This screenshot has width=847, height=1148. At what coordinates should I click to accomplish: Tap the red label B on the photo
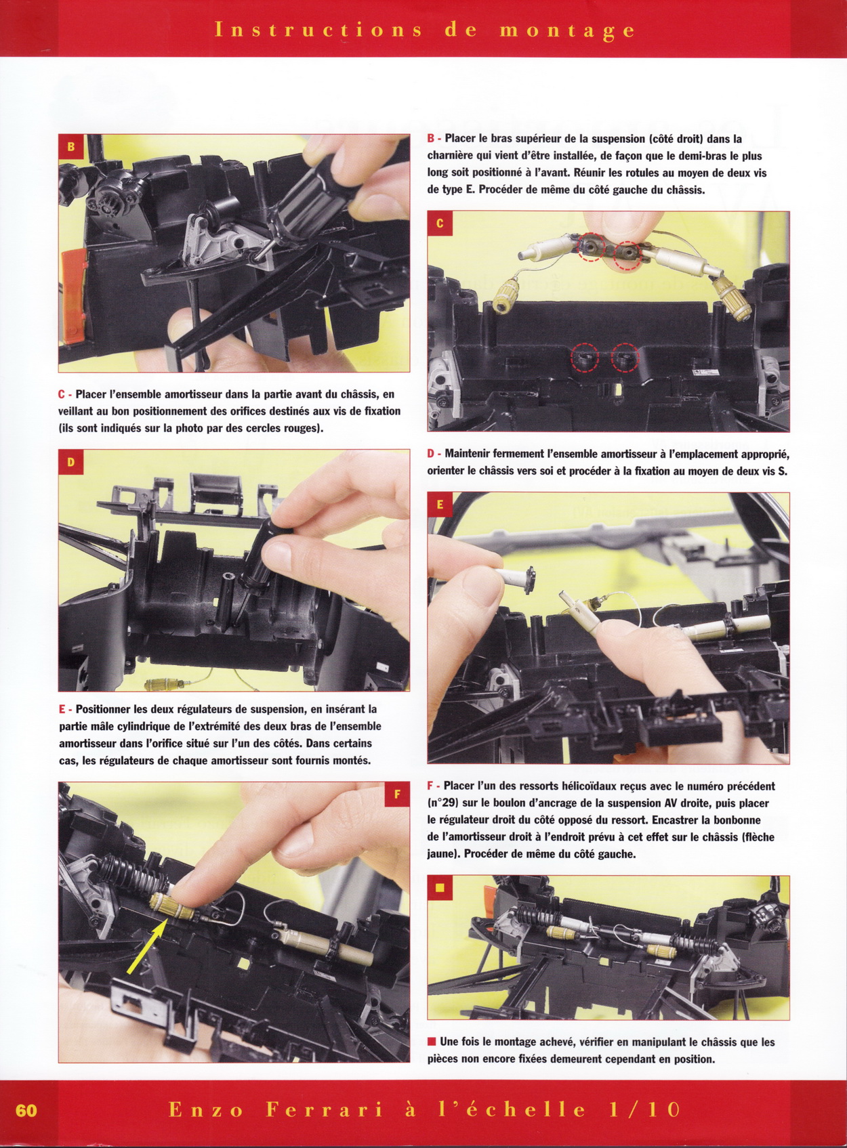click(70, 146)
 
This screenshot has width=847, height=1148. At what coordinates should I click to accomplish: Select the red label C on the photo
click(440, 224)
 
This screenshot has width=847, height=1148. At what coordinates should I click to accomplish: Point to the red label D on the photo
click(70, 462)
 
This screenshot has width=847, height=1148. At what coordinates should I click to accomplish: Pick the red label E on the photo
click(440, 505)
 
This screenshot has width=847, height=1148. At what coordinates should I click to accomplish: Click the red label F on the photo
click(397, 794)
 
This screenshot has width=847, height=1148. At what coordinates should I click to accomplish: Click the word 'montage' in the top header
click(567, 30)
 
